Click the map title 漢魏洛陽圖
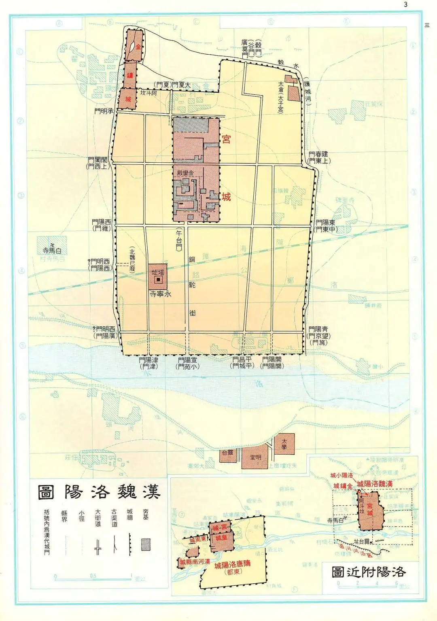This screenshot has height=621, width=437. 99,491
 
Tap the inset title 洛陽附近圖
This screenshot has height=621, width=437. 368,572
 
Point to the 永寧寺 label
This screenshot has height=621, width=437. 161,294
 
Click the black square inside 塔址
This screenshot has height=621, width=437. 159,280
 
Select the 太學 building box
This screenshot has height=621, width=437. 284,444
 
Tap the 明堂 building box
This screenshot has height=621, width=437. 255,457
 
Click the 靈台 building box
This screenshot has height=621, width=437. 228,453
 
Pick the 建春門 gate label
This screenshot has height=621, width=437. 318,154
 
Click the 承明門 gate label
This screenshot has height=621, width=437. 104,111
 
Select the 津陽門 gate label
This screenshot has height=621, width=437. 148,360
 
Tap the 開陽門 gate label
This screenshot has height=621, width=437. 272,359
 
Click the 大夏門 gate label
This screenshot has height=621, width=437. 181,85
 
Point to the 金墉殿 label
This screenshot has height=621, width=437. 185,173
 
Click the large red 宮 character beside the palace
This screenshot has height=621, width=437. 226,139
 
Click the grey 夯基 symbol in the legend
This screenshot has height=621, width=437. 146,544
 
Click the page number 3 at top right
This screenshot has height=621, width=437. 405,5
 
